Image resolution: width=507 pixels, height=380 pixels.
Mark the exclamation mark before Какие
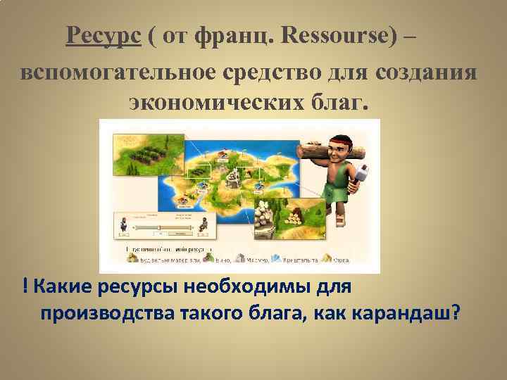25,287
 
